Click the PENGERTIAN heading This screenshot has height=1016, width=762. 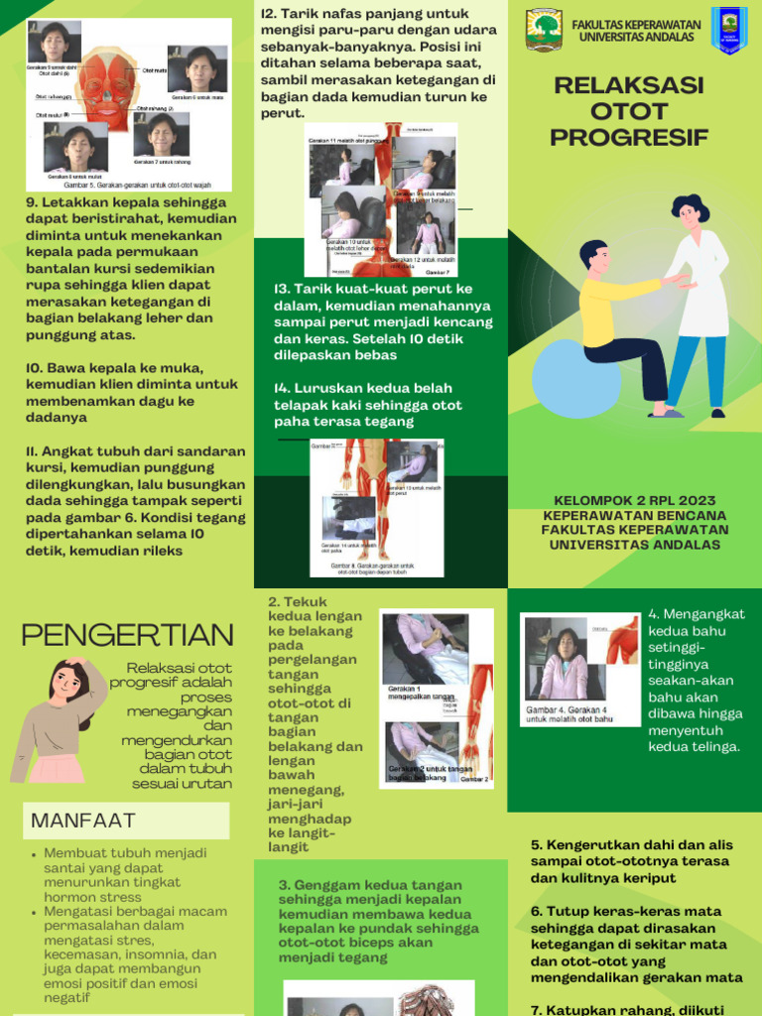[127, 635]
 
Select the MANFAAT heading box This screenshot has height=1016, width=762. [126, 821]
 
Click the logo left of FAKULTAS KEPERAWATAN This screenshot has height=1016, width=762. [544, 30]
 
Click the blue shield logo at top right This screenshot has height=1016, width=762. [729, 30]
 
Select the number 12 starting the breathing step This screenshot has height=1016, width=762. [268, 14]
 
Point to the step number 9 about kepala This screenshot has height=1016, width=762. [31, 202]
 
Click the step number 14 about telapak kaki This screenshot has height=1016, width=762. [283, 388]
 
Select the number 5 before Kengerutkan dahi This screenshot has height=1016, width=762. [536, 845]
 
